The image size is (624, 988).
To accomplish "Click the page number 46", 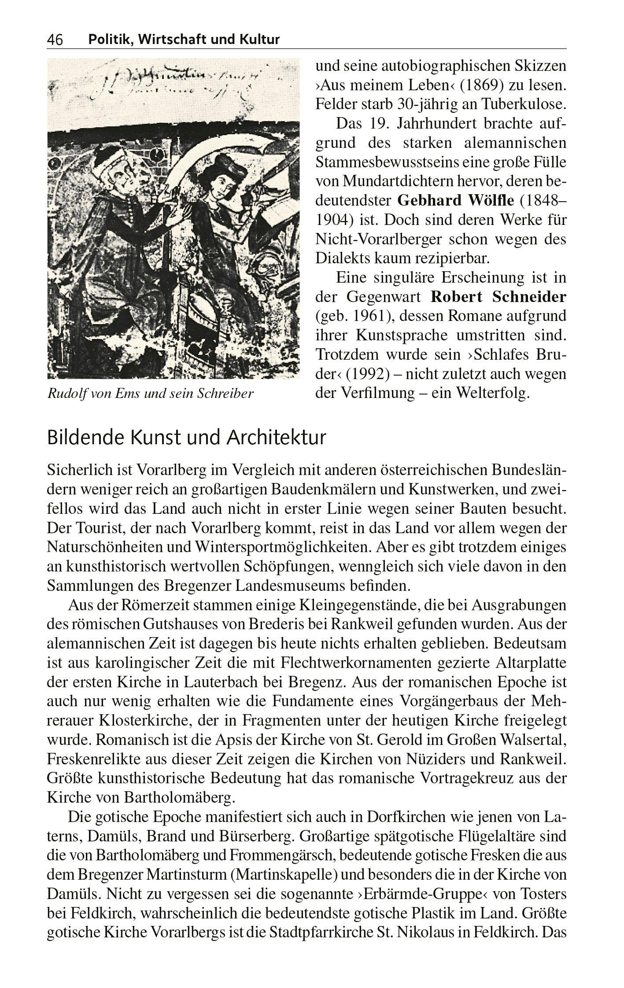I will pos(55,40).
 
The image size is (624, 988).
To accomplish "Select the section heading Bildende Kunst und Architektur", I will pos(186,438).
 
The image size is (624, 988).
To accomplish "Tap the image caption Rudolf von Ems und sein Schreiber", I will pos(150,393).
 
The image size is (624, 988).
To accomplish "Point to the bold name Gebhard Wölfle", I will pos(455,200).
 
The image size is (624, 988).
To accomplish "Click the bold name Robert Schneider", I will pos(498,297).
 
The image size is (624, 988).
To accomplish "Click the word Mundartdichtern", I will pos(401,181).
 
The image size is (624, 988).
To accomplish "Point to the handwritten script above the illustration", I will pos(167,81).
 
